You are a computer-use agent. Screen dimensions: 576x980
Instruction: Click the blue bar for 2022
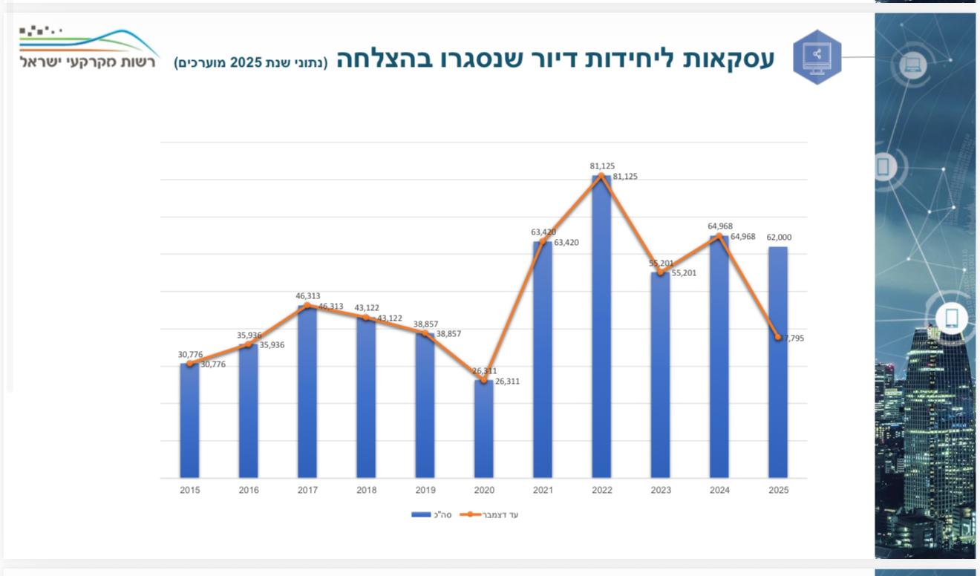pyautogui.click(x=601, y=327)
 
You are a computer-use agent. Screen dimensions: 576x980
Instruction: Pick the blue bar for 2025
pyautogui.click(x=778, y=408)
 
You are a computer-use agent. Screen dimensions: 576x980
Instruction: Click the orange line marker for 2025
pyautogui.click(x=778, y=337)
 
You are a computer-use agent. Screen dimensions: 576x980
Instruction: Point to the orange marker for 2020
pyautogui.click(x=484, y=380)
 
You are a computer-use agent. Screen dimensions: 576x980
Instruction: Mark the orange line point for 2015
pyautogui.click(x=190, y=364)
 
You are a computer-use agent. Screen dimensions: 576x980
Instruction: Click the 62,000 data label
pyautogui.click(x=779, y=238)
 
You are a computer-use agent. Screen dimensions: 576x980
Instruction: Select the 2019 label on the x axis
pyautogui.click(x=425, y=490)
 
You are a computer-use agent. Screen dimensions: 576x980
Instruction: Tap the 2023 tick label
pyautogui.click(x=661, y=490)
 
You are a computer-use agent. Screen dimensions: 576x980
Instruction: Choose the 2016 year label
pyautogui.click(x=249, y=490)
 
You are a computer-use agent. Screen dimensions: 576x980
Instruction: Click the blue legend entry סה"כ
pyautogui.click(x=431, y=514)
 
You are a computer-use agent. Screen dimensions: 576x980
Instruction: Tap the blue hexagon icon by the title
pyautogui.click(x=817, y=57)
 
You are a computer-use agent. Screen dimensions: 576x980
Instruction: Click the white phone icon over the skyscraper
pyautogui.click(x=952, y=318)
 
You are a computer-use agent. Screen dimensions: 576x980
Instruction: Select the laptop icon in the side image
pyautogui.click(x=913, y=65)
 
